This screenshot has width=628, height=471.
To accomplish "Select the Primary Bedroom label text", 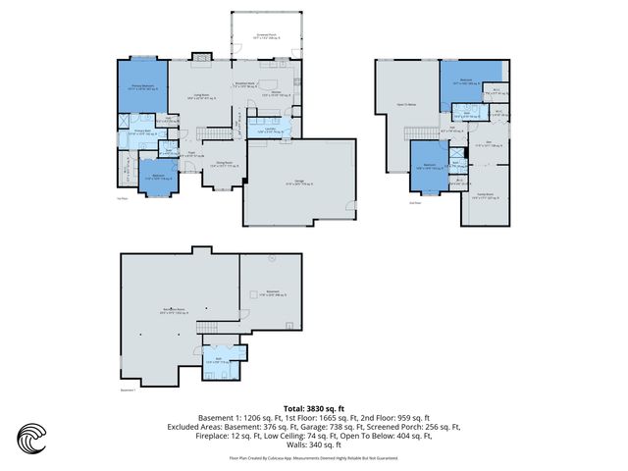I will pos(144,87).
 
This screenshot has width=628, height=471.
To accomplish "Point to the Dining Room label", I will pos(224,166).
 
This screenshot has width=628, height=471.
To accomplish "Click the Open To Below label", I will pos(406,102).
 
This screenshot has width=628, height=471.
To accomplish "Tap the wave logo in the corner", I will pos(32,439).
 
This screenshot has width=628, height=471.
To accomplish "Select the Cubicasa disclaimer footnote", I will pos(314,457).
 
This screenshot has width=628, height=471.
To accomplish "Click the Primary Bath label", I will pos(140,131).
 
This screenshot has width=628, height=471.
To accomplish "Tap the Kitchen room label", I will pos(278,94).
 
